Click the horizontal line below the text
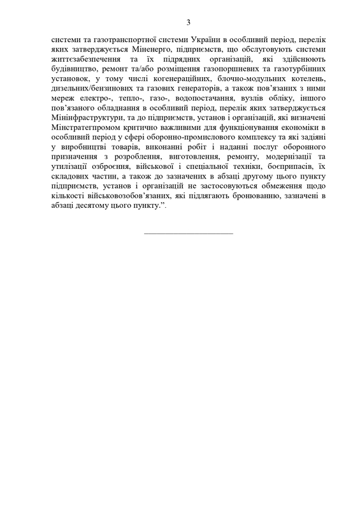tap(189, 232)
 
